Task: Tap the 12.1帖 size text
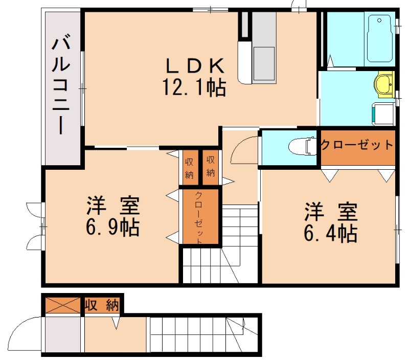194,88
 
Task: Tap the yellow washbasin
383,84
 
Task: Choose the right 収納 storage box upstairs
210,166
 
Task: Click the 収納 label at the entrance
102,305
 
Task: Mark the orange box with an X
63,305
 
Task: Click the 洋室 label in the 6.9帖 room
112,206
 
